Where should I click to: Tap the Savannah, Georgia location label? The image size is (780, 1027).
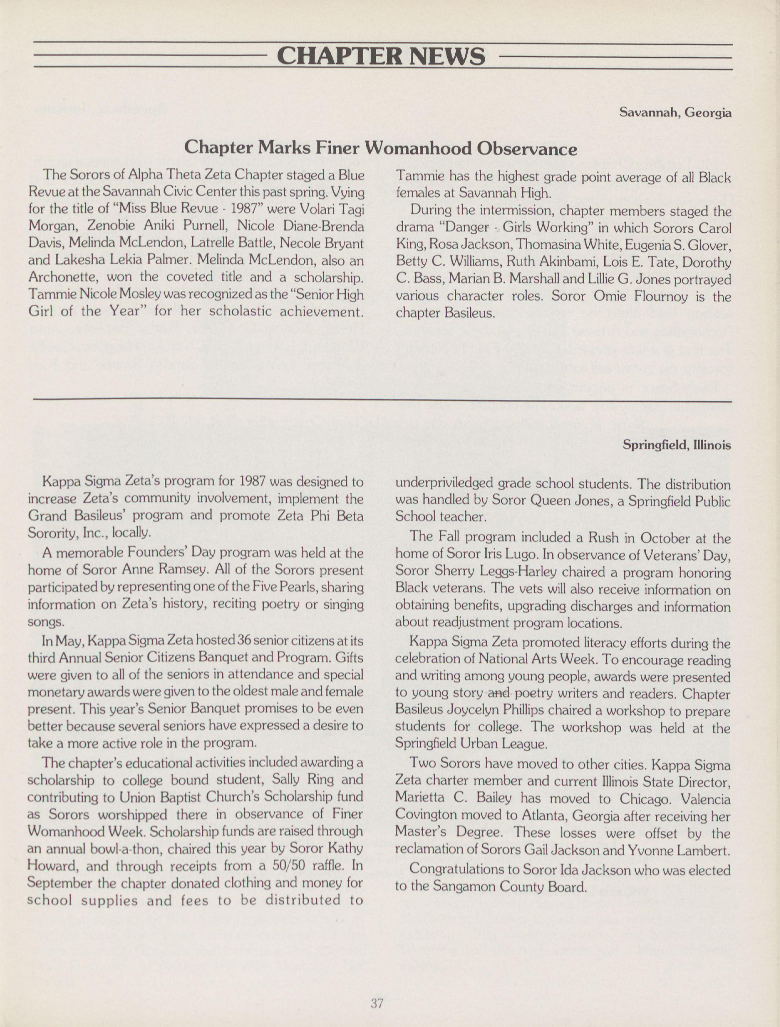pos(675,113)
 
